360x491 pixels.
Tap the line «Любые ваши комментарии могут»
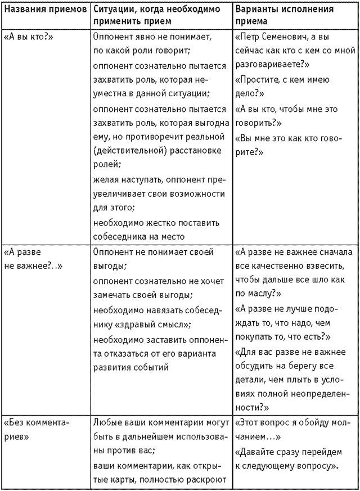(x=161, y=422)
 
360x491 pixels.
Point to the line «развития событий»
(x=130, y=368)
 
